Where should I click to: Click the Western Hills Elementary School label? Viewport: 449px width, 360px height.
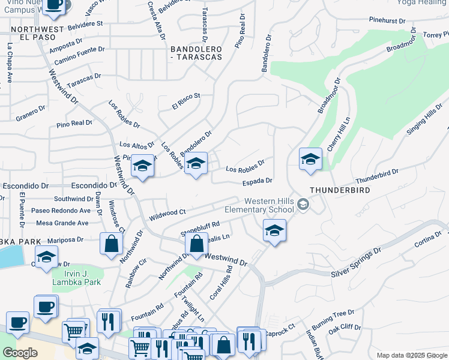point(259,205)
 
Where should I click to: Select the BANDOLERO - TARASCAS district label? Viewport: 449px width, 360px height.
point(196,52)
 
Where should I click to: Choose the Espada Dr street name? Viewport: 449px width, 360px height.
point(258,181)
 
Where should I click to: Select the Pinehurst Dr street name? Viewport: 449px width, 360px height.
point(387,21)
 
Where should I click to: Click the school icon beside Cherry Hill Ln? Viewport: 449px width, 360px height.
point(310,160)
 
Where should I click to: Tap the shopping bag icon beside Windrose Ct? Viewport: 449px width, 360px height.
point(111,244)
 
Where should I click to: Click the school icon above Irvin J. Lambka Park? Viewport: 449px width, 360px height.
point(46,257)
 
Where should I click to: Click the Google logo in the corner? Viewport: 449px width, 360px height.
point(20,352)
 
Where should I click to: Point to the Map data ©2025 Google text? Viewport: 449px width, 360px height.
point(411,355)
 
